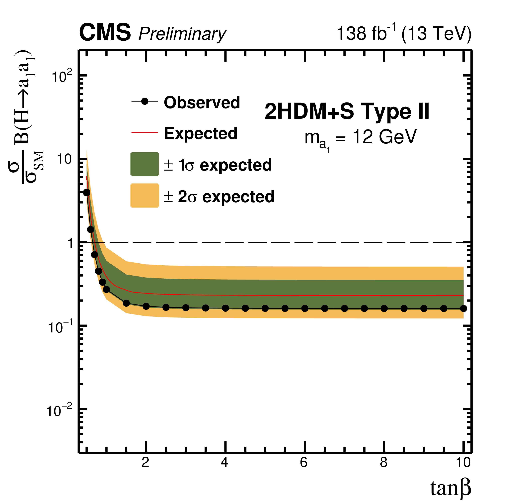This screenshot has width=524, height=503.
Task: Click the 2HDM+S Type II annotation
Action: pos(347,111)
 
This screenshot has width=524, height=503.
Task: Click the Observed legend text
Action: pos(202,102)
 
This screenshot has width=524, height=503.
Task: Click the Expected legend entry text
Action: pos(201,133)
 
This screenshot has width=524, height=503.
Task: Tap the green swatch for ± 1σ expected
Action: pos(145,164)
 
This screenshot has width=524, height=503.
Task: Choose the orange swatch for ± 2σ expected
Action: pos(145,196)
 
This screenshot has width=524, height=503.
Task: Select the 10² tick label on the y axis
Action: pos(62,77)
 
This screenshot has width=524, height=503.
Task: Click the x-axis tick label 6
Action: pos(304,463)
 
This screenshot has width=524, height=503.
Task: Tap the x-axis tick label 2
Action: pos(145,463)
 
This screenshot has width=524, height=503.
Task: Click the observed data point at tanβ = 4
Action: pos(225,308)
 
